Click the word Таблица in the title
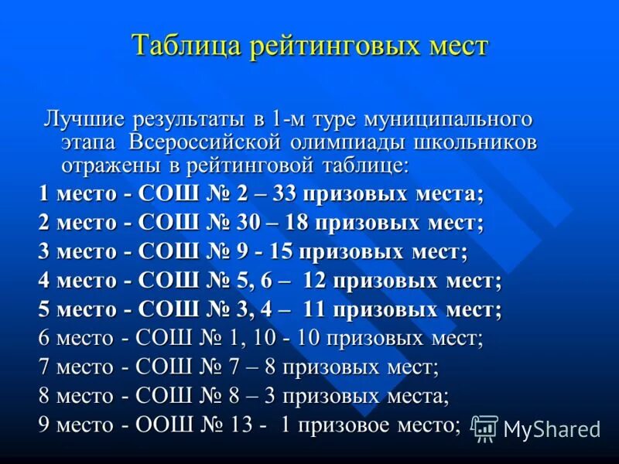186,46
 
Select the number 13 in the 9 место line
241,424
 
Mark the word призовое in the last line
340,424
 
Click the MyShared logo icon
485,428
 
